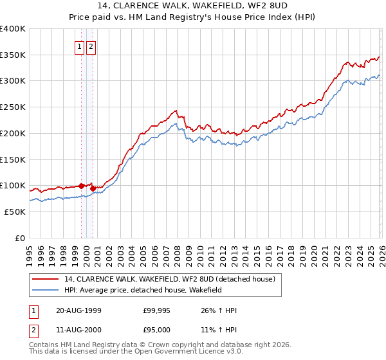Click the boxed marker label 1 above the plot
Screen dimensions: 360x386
pos(79,46)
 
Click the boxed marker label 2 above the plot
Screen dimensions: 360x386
pos(91,46)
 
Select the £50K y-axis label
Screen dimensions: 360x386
pos(15,212)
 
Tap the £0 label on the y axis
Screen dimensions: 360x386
pos(21,238)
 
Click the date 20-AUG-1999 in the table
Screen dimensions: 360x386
pos(79,310)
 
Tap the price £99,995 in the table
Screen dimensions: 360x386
pos(157,310)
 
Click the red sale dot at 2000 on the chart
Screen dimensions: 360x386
pos(93,188)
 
